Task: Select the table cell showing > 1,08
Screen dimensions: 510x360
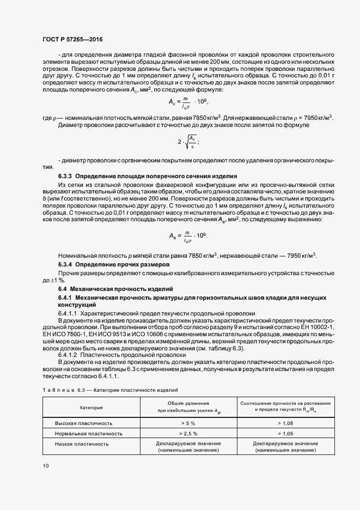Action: [x=286, y=422]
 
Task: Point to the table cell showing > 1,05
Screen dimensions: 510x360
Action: [x=286, y=434]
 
